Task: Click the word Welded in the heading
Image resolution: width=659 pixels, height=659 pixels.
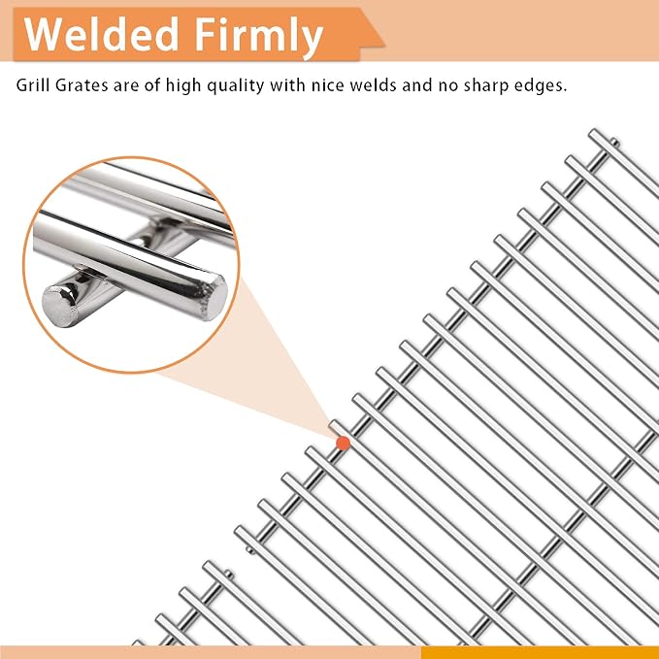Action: [101, 34]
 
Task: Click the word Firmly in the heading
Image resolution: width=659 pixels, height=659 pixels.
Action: [258, 39]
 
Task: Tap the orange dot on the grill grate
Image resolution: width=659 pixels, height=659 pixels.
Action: [344, 443]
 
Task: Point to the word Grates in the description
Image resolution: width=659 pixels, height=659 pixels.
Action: [82, 84]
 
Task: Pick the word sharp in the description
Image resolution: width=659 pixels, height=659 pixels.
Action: [487, 86]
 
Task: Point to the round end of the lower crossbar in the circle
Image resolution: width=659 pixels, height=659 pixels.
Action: [58, 305]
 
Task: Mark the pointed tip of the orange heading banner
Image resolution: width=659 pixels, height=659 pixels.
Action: [384, 44]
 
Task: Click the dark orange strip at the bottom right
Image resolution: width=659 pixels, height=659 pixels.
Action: [540, 652]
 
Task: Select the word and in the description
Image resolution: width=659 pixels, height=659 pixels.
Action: [417, 84]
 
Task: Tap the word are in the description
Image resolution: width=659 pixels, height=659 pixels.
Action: [126, 84]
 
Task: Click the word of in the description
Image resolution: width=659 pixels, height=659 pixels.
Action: [152, 84]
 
